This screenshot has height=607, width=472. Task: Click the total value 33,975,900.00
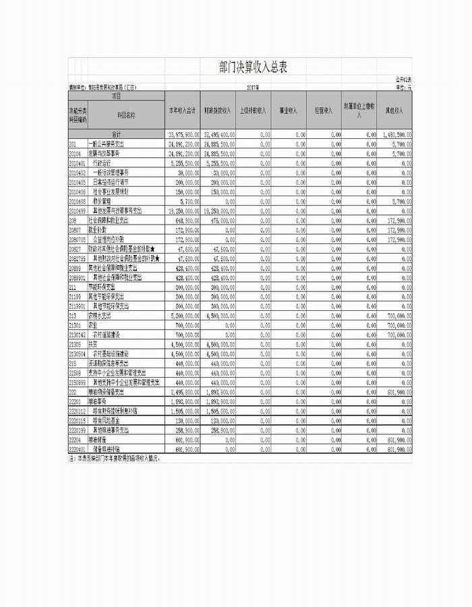183,135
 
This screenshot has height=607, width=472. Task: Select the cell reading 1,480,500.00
395,135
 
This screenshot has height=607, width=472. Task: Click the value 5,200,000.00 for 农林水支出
183,315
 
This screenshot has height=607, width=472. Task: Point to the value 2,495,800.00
183,391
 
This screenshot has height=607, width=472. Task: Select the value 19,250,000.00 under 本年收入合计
183,210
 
